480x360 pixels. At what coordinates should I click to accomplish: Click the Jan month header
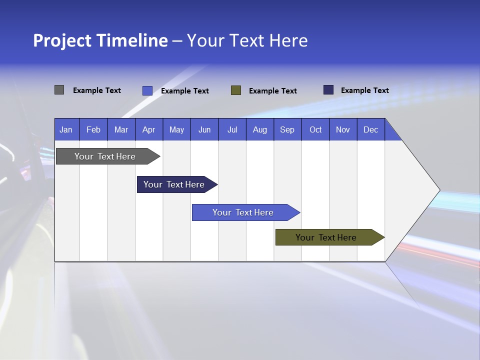pos(66,129)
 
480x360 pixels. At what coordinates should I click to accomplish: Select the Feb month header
pos(93,129)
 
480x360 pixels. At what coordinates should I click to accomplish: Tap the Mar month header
pos(121,129)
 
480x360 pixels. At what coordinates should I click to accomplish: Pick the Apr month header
pos(149,129)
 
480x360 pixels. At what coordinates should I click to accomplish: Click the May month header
pos(176,129)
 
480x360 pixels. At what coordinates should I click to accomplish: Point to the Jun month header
pos(204,129)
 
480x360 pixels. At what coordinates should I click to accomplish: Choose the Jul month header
pos(232,129)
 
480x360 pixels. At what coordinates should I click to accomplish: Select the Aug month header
pos(260,129)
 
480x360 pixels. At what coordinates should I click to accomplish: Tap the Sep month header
pos(287,129)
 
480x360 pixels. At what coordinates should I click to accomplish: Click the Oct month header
pos(315,129)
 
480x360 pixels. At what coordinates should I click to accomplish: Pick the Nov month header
pos(343,129)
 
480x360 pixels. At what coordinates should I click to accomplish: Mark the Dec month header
pos(371,129)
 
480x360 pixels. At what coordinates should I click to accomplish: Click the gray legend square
pos(59,90)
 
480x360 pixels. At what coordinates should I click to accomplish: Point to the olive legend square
pos(236,90)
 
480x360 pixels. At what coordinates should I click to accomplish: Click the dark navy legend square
pos(328,90)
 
